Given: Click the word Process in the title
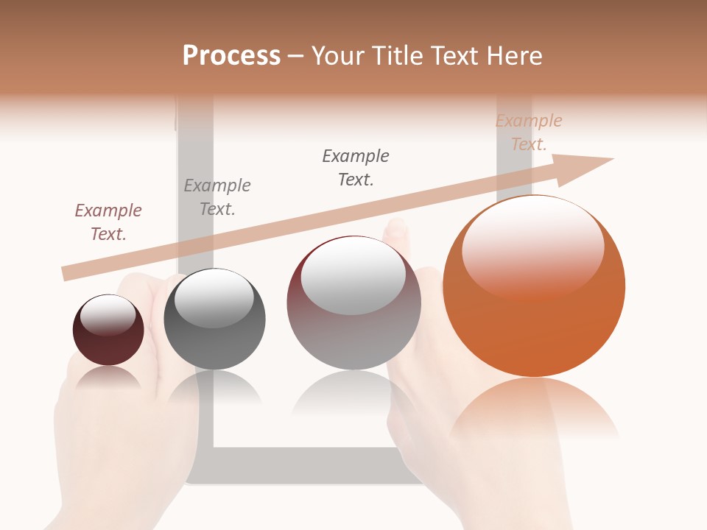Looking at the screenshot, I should tap(231, 56).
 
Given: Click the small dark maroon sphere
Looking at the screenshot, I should tap(108, 330).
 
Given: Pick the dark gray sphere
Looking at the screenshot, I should tap(214, 319).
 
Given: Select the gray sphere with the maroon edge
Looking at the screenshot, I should tap(353, 309).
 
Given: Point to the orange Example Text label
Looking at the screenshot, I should tap(529, 132).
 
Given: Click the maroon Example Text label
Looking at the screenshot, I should tap(108, 222).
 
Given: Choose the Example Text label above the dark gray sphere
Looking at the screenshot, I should tap(217, 197).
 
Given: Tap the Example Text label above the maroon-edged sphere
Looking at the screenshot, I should tap(356, 168).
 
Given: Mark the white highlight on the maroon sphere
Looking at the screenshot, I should tap(108, 315).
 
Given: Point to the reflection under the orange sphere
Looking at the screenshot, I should tap(534, 409).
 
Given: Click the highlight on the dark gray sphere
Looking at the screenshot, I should tap(214, 297).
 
